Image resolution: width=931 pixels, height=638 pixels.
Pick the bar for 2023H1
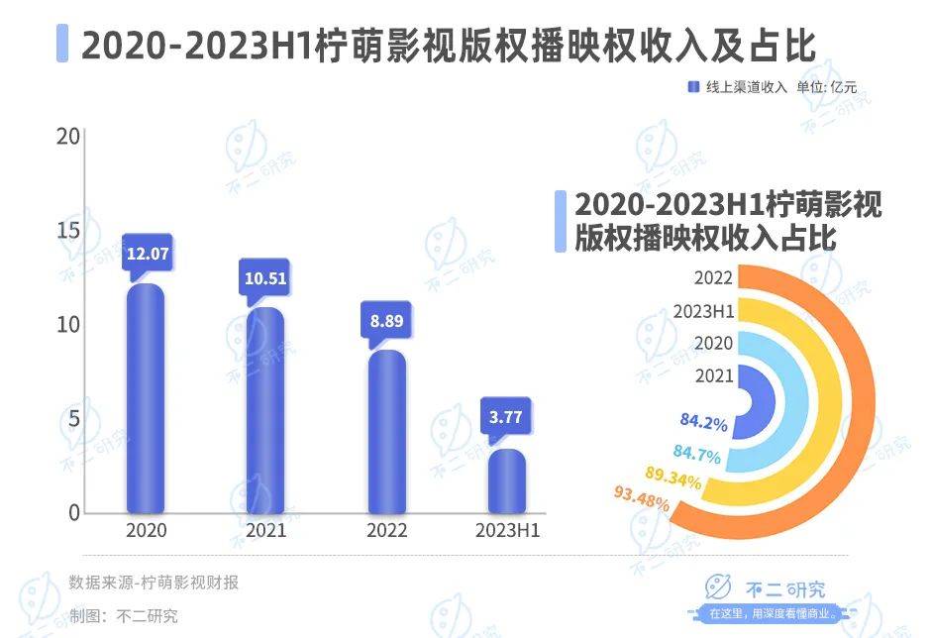pyautogui.click(x=506, y=481)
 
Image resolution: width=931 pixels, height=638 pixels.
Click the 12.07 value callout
pyautogui.click(x=147, y=254)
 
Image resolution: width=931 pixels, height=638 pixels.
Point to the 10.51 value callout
pyautogui.click(x=265, y=277)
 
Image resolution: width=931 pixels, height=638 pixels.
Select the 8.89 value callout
pyautogui.click(x=386, y=320)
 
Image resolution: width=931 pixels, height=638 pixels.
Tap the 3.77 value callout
pyautogui.click(x=506, y=417)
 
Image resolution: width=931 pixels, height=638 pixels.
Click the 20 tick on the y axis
pyautogui.click(x=68, y=136)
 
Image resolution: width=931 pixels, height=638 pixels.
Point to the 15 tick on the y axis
pyautogui.click(x=68, y=230)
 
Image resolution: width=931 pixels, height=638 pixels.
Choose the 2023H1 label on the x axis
pyautogui.click(x=506, y=530)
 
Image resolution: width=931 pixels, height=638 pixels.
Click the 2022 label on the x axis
pyautogui.click(x=386, y=530)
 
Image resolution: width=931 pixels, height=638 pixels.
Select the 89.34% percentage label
pyautogui.click(x=673, y=480)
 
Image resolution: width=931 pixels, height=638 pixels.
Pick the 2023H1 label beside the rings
pyautogui.click(x=703, y=311)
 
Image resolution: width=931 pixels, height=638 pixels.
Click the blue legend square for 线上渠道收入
pyautogui.click(x=694, y=87)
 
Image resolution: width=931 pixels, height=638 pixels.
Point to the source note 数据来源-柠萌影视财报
pyautogui.click(x=154, y=583)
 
